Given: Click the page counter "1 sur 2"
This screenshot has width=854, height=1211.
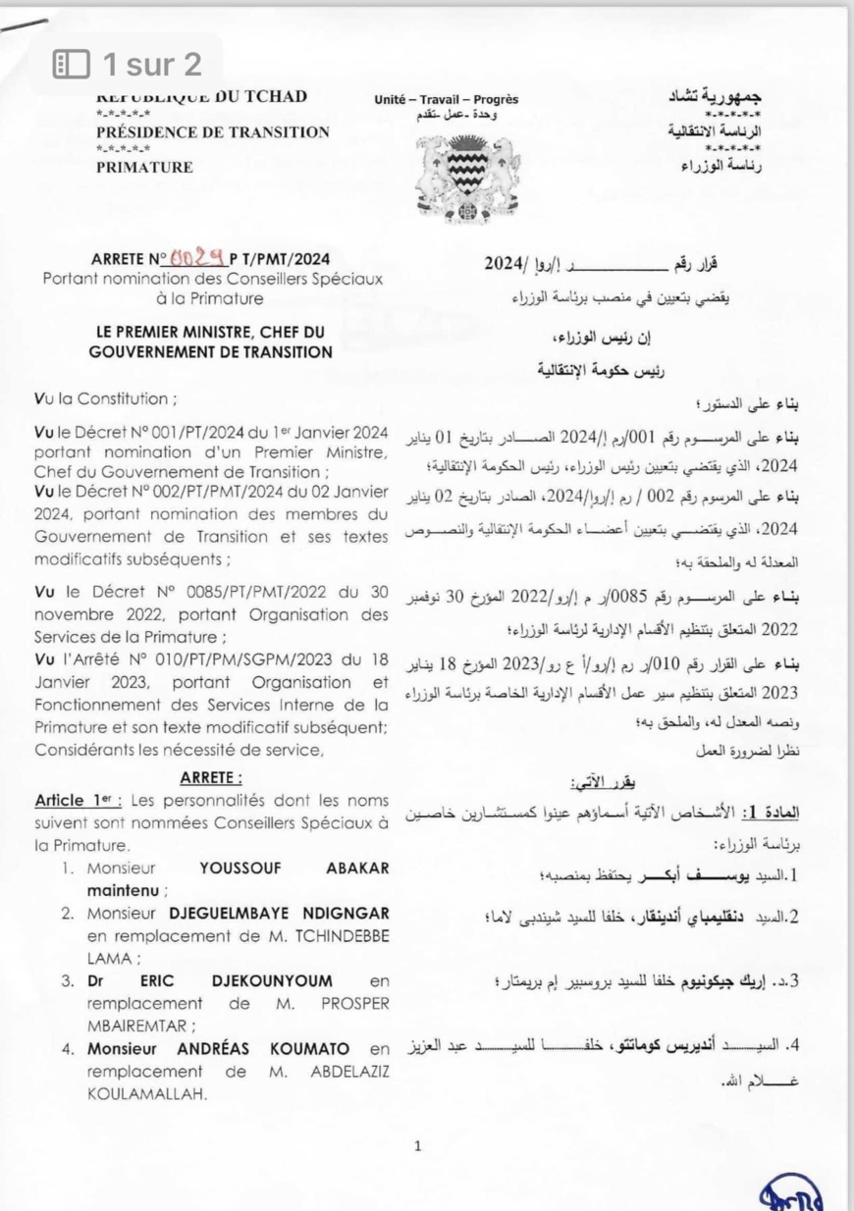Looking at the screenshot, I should [x=152, y=65].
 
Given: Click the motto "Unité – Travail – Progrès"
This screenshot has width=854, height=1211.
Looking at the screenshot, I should [x=446, y=99].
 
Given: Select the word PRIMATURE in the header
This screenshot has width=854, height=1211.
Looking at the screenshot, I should [x=144, y=167].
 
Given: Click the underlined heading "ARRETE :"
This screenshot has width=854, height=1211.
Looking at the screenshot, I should [x=211, y=777].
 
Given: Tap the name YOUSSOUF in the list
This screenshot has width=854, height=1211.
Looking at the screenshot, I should [x=238, y=868].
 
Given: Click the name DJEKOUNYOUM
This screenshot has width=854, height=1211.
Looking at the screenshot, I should [x=271, y=979].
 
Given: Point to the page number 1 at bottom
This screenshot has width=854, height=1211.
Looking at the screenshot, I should [x=417, y=1144].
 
